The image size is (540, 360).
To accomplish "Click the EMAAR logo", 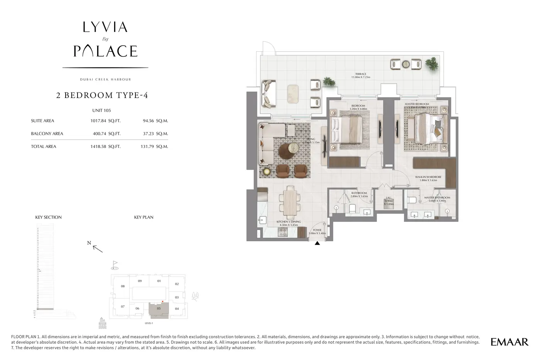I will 509,342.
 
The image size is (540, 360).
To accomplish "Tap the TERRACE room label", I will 361,74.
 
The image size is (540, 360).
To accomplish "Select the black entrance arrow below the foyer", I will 317,243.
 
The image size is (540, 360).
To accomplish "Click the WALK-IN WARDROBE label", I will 428,177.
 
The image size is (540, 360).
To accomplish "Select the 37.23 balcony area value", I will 148,134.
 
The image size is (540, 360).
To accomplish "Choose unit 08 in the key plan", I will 123,286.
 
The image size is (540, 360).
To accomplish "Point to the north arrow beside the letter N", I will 98,249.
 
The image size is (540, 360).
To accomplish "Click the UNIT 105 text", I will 101,111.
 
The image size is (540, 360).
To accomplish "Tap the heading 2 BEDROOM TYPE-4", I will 102,95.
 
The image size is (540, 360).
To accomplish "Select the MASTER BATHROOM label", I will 437,198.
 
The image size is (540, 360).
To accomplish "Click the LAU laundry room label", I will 388,198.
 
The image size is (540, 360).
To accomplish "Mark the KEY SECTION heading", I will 49,217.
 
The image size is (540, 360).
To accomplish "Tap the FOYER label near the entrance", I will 317,230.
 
